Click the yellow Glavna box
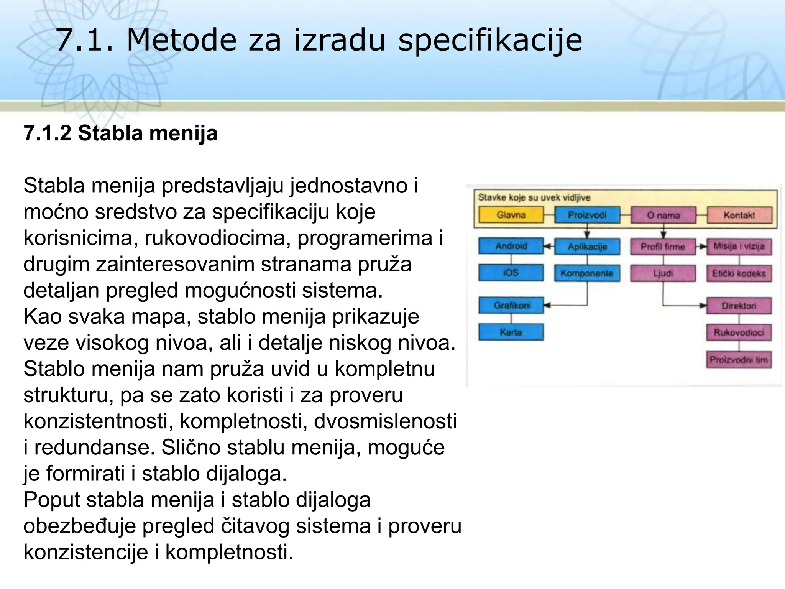click(511, 215)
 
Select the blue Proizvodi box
click(587, 215)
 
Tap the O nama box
click(663, 215)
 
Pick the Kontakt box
click(739, 215)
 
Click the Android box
click(511, 246)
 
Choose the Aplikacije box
click(587, 247)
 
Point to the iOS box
click(511, 273)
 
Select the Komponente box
click(587, 273)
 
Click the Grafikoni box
click(511, 305)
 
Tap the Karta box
click(511, 332)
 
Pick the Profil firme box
click(663, 247)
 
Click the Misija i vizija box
click(739, 246)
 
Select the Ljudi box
click(663, 273)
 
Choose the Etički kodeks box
click(739, 273)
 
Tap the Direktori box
click(739, 306)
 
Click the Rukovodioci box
click(739, 332)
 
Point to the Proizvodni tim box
click(739, 360)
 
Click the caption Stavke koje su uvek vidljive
click(534, 197)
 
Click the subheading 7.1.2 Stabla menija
click(120, 133)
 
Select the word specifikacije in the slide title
click(490, 41)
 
